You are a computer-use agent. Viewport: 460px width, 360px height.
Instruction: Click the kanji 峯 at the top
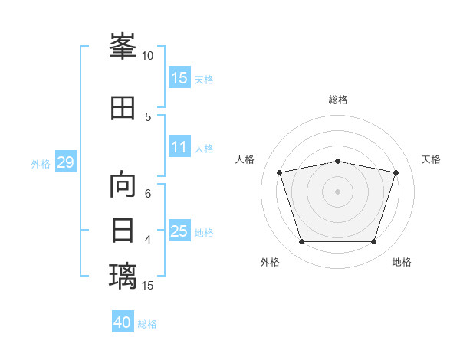123,46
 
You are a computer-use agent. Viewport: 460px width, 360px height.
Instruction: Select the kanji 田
123,108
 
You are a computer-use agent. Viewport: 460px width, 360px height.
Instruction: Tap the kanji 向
123,184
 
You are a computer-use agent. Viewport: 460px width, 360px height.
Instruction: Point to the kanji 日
123,231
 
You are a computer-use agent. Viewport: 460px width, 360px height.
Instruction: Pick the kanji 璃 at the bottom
123,276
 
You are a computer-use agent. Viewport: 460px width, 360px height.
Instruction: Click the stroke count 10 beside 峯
147,56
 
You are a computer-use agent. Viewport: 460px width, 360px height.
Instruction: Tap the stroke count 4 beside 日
148,240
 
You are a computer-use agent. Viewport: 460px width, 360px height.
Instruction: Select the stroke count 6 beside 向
148,194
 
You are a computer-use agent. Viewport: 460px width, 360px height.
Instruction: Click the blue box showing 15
179,77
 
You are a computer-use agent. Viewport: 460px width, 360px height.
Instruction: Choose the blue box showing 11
179,146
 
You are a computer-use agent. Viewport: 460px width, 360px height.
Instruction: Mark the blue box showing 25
179,230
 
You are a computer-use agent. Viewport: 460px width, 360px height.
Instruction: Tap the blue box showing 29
66,162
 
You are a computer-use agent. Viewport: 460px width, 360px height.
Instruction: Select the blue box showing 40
123,321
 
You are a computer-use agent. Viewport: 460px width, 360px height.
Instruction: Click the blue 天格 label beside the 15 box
204,80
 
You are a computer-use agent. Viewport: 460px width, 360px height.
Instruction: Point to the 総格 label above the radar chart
338,100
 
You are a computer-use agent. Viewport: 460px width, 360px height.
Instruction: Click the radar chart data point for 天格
396,172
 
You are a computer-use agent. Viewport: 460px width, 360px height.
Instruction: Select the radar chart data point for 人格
279,172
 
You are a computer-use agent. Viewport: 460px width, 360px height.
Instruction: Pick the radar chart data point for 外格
301,242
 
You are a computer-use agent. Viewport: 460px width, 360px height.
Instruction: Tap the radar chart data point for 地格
374,242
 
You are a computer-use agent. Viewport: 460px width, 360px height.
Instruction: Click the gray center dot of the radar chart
337,191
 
